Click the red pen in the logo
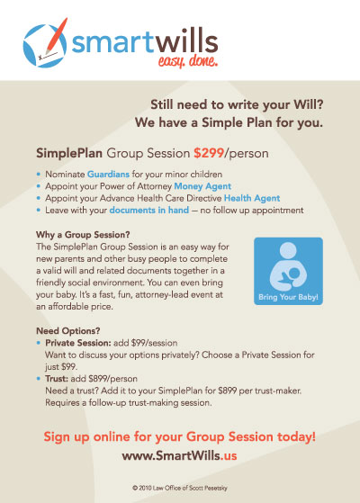tap(57, 35)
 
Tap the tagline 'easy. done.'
tap(188, 61)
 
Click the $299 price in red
tap(209, 153)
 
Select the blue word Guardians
tap(108, 175)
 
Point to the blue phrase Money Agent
tap(202, 186)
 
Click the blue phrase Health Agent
tap(252, 198)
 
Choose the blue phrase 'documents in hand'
tap(149, 211)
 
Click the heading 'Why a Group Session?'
tap(83, 235)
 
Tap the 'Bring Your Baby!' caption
tap(288, 297)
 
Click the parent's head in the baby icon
tap(288, 250)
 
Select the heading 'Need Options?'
tap(68, 331)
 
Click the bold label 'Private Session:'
tap(78, 343)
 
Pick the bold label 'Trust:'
tap(57, 379)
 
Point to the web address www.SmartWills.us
tap(179, 455)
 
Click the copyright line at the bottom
tap(180, 488)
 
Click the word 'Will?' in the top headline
tap(309, 104)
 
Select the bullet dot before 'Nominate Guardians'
tap(39, 175)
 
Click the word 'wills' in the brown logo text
tap(187, 41)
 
